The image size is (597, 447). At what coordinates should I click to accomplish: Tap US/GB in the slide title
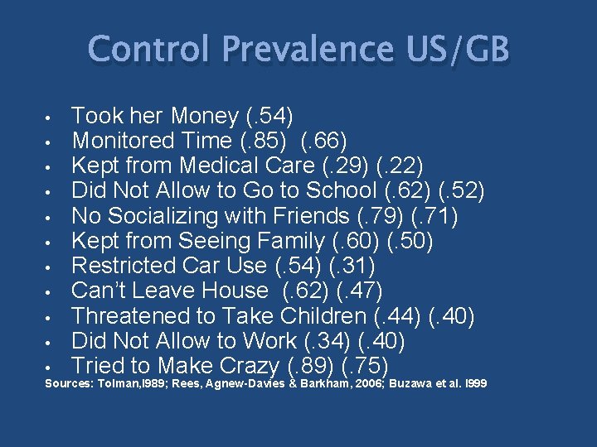459,50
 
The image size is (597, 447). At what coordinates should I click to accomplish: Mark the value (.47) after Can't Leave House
366,291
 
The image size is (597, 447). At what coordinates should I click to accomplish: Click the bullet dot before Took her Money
51,117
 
